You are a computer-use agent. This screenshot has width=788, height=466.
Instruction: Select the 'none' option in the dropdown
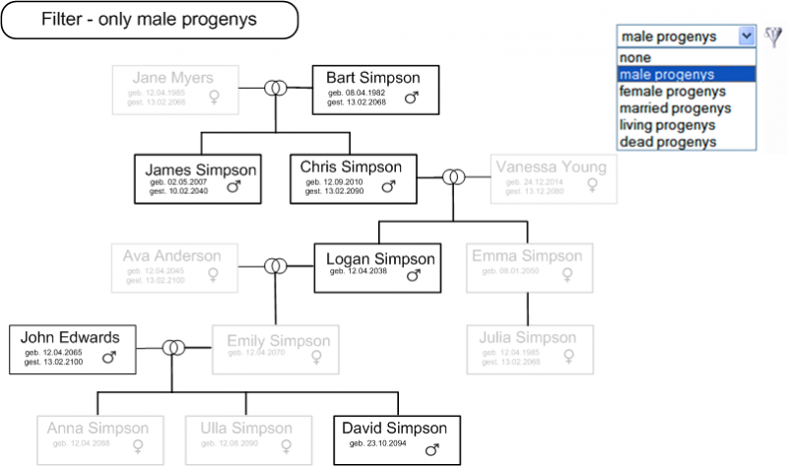point(634,58)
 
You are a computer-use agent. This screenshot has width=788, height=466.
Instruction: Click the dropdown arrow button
point(746,35)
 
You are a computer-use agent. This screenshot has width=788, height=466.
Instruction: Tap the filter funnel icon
point(774,35)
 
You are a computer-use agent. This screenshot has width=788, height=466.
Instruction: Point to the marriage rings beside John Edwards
point(174,348)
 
